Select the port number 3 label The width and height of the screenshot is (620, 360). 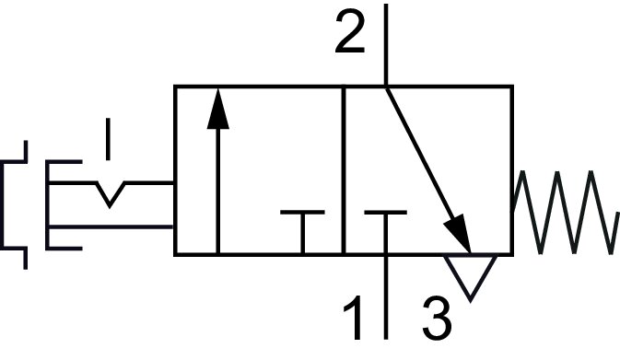pos(437,318)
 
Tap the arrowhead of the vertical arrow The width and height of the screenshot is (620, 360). pos(217,108)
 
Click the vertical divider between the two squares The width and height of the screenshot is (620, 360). pos(343,170)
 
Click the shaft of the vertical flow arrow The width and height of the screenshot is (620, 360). pos(217,184)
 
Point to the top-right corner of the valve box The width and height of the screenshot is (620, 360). pos(512,87)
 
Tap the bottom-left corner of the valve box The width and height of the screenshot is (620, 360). pos(175,253)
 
